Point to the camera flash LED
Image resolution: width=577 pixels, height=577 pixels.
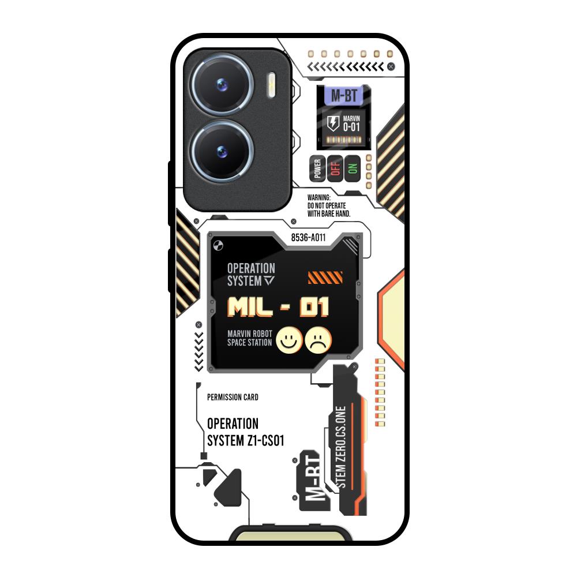271,84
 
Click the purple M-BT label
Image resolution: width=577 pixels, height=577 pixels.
343,96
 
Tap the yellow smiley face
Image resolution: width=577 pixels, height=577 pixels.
288,340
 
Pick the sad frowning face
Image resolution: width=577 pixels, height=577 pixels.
319,340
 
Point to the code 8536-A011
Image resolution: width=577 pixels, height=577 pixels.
308,237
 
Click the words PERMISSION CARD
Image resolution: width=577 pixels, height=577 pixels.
233,397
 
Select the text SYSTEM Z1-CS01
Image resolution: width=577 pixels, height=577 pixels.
245,441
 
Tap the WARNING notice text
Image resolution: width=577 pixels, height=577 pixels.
329,205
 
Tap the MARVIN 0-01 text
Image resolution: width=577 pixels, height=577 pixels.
351,123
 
